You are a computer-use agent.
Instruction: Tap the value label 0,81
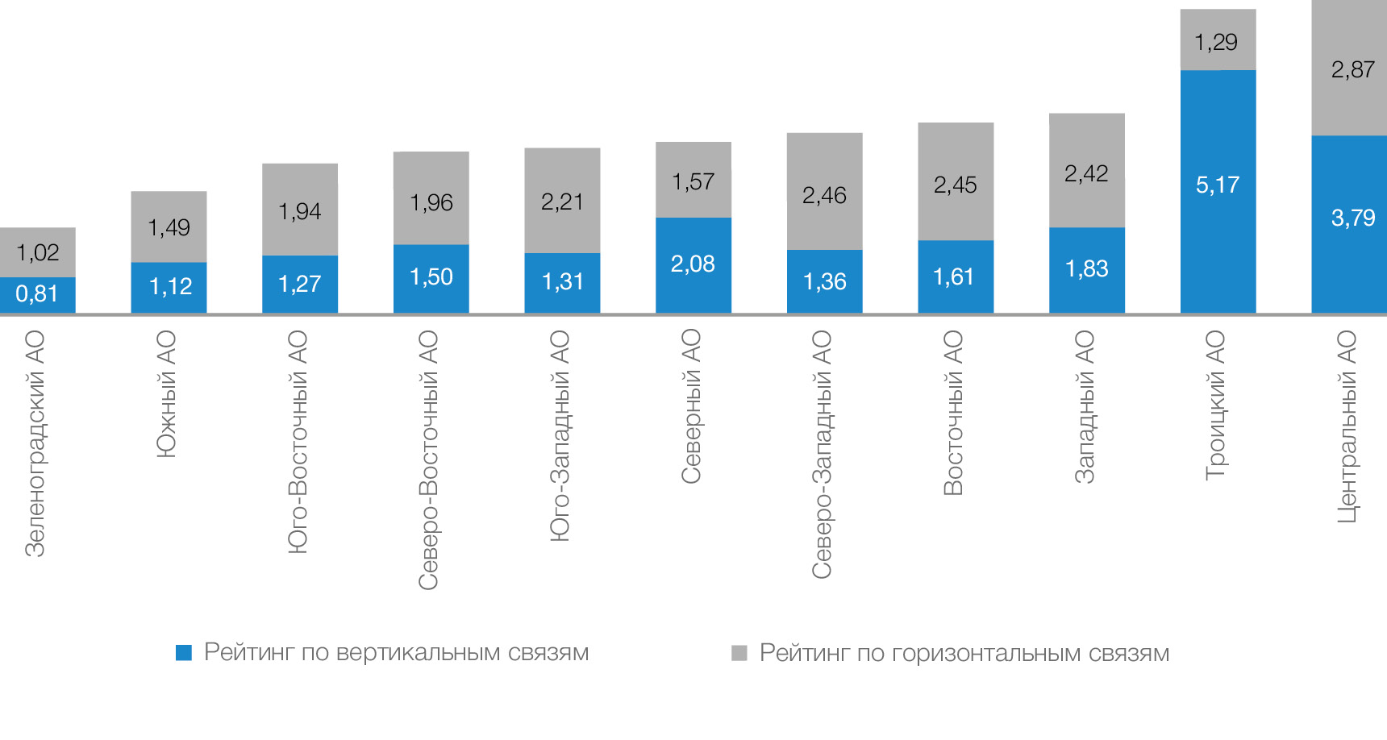click(37, 294)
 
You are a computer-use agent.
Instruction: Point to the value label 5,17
click(1217, 185)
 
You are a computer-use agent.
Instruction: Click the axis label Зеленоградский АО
click(35, 443)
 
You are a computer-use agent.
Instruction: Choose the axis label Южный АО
click(166, 394)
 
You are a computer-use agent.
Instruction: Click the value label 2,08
click(693, 264)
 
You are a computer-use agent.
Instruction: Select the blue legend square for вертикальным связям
click(184, 653)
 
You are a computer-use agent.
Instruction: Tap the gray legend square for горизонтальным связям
click(739, 653)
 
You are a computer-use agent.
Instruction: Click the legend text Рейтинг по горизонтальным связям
click(964, 653)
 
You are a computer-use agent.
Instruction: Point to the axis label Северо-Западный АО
click(822, 454)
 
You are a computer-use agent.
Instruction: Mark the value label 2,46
click(824, 195)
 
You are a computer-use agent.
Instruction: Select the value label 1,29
click(1215, 42)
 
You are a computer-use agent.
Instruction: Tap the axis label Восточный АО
click(953, 412)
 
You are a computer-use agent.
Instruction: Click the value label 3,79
click(1352, 218)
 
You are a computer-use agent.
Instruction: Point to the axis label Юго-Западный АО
click(560, 435)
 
